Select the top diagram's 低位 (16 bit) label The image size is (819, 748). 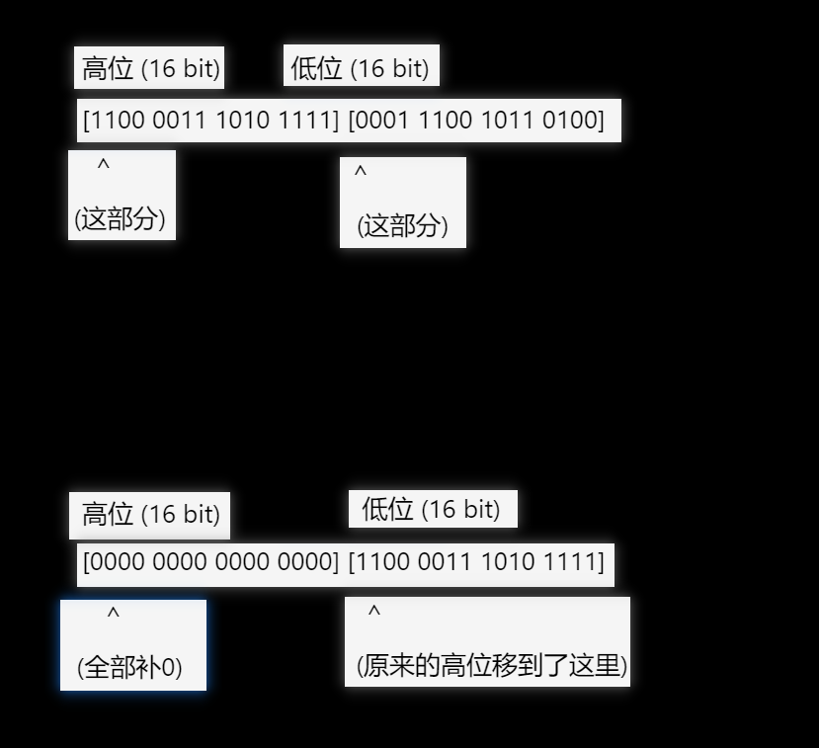click(361, 68)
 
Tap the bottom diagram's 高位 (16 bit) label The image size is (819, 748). click(150, 514)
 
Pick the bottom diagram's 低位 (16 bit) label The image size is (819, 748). click(431, 509)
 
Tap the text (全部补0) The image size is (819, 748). click(129, 668)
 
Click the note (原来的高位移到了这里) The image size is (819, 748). click(492, 666)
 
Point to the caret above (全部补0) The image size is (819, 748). click(114, 615)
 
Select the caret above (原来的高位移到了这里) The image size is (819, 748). click(374, 612)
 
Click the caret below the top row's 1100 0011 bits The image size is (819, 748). click(104, 165)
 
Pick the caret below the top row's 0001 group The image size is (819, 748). click(361, 172)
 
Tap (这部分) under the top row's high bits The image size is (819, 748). click(121, 218)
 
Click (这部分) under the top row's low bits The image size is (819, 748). click(402, 226)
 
